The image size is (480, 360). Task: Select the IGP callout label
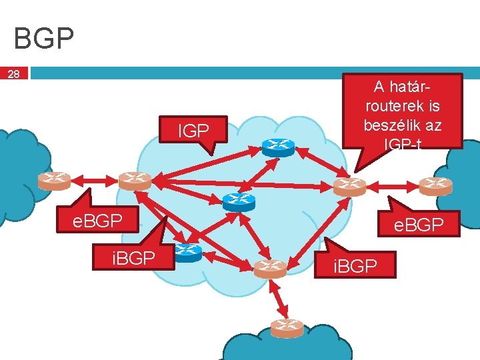[x=193, y=131]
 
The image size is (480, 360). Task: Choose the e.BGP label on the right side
[x=419, y=225]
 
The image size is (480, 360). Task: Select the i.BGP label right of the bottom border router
[x=355, y=267]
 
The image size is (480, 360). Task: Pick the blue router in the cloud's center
[x=235, y=202]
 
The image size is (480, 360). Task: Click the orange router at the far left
[x=54, y=180]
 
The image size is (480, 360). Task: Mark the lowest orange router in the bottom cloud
[x=287, y=328]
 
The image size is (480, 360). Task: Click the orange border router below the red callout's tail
[x=349, y=186]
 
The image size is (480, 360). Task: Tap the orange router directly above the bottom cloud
[x=270, y=268]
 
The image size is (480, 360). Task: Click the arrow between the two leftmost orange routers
[x=94, y=180]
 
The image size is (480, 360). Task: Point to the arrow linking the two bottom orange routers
[x=279, y=298]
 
